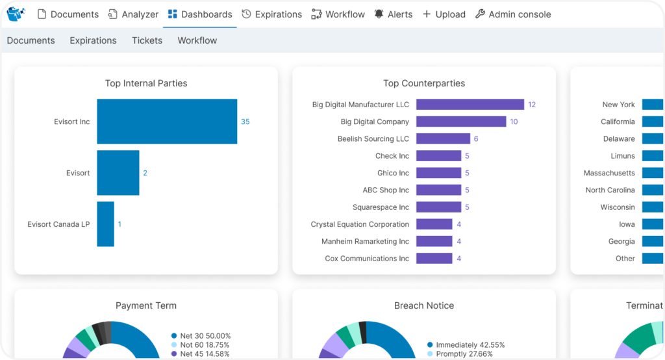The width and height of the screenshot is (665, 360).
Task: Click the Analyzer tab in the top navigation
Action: tap(133, 14)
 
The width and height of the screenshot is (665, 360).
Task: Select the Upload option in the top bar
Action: tap(444, 14)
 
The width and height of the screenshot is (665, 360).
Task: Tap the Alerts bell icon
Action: tap(379, 14)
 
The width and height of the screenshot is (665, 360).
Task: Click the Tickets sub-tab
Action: tap(147, 40)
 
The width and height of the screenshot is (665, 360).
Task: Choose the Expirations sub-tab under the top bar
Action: tap(93, 40)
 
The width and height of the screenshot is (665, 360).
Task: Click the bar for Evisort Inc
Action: tap(167, 122)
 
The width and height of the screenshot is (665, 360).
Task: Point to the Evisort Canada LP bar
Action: tap(105, 224)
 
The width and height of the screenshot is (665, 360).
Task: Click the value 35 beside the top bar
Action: tap(245, 122)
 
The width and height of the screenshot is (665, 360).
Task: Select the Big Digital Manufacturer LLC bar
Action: tap(470, 105)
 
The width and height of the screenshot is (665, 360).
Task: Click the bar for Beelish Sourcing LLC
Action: tap(443, 138)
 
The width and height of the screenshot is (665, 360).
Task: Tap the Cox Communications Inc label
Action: tap(367, 259)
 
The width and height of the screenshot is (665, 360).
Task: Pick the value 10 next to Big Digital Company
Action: tap(514, 122)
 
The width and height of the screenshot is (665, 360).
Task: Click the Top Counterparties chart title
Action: tap(424, 83)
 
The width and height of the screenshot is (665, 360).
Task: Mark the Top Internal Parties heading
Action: tap(146, 83)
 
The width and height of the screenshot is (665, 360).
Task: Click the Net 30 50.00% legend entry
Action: tap(205, 335)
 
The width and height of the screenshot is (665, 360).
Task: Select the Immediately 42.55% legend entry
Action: tap(470, 345)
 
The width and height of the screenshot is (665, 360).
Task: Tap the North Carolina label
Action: tap(610, 190)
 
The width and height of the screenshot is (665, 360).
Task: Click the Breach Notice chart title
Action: tap(424, 305)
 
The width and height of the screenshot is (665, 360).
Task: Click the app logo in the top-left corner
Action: tap(16, 14)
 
